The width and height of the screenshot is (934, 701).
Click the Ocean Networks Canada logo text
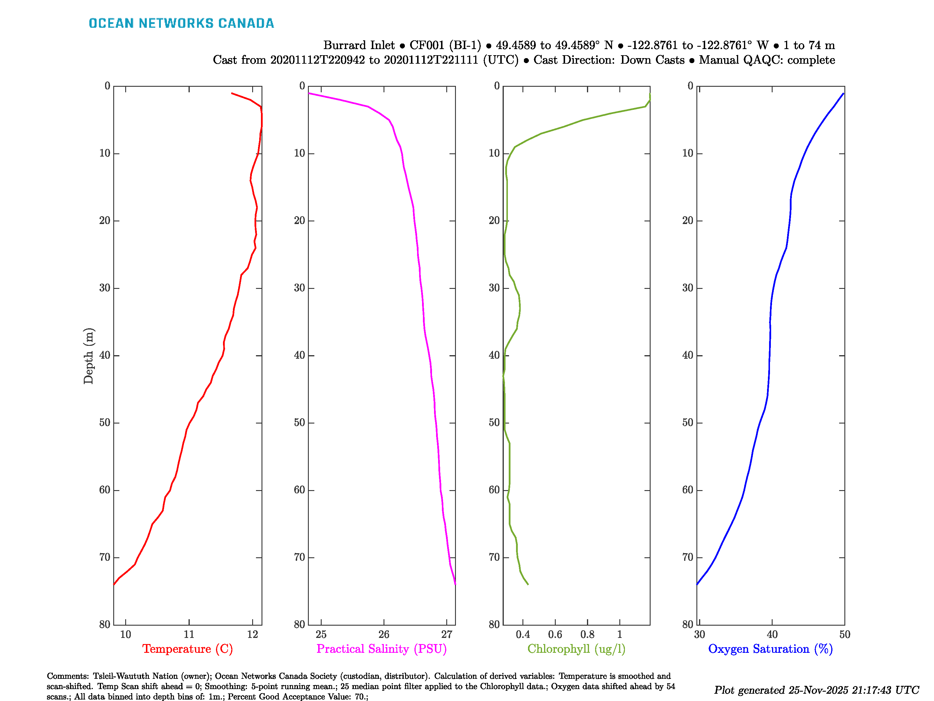(x=181, y=23)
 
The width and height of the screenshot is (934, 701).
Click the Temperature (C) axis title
(x=187, y=649)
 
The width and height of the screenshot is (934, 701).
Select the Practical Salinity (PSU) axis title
(x=382, y=649)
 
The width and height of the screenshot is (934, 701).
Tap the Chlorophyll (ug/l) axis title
(x=576, y=649)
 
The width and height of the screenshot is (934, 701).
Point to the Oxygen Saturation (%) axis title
(x=771, y=649)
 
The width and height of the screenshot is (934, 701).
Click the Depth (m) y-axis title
(x=88, y=356)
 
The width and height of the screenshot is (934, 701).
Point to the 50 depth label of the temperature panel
(x=105, y=423)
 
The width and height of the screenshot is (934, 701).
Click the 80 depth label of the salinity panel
(x=299, y=624)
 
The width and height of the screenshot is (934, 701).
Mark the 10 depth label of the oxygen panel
(x=688, y=153)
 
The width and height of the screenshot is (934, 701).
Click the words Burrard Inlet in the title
(x=359, y=45)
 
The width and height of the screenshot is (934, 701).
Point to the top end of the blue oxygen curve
(x=843, y=93)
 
